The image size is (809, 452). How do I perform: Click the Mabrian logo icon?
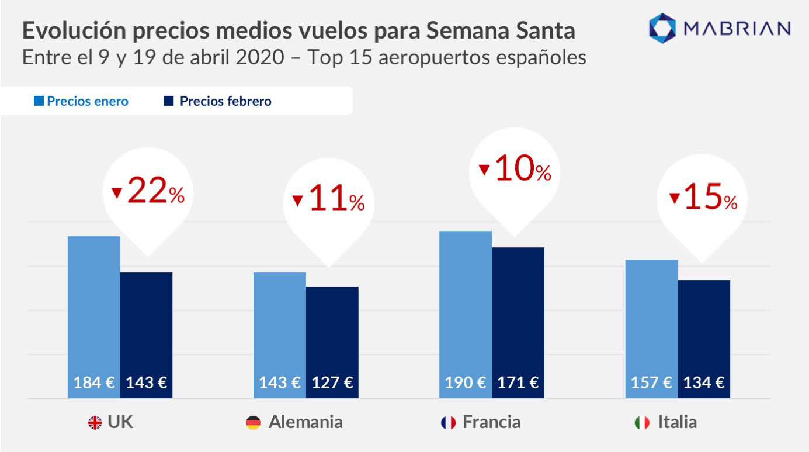point(662,28)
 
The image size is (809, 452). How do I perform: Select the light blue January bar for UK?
point(94,304)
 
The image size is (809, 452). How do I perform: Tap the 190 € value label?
point(465,383)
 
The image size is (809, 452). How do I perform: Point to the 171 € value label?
point(518,383)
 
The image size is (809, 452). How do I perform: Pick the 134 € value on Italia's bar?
point(704,383)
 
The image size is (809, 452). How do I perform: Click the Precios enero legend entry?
point(81,101)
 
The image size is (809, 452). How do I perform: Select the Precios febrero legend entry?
point(218,101)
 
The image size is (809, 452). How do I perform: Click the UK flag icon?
point(95,423)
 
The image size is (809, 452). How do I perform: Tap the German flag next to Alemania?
point(253,423)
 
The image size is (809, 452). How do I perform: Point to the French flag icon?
point(448,423)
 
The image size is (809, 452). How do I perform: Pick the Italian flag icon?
point(641,423)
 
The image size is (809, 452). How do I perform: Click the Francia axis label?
point(491,422)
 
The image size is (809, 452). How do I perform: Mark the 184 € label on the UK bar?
point(94,383)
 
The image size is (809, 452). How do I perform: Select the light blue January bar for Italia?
point(651,316)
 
